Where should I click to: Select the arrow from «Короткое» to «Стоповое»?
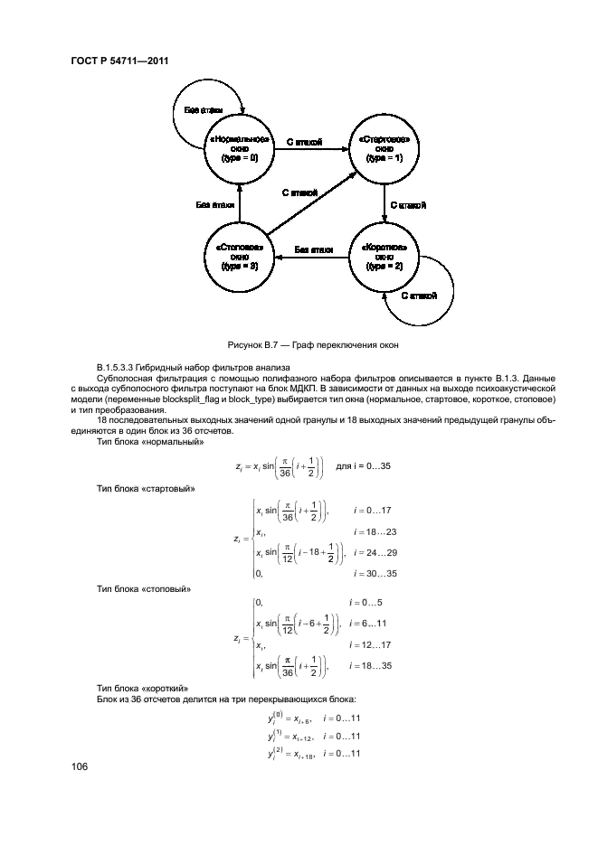pyautogui.click(x=312, y=258)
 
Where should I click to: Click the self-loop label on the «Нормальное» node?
pyautogui.click(x=205, y=109)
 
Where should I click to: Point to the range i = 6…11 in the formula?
pyautogui.click(x=371, y=623)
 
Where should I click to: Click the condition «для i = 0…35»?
pyautogui.click(x=364, y=465)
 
